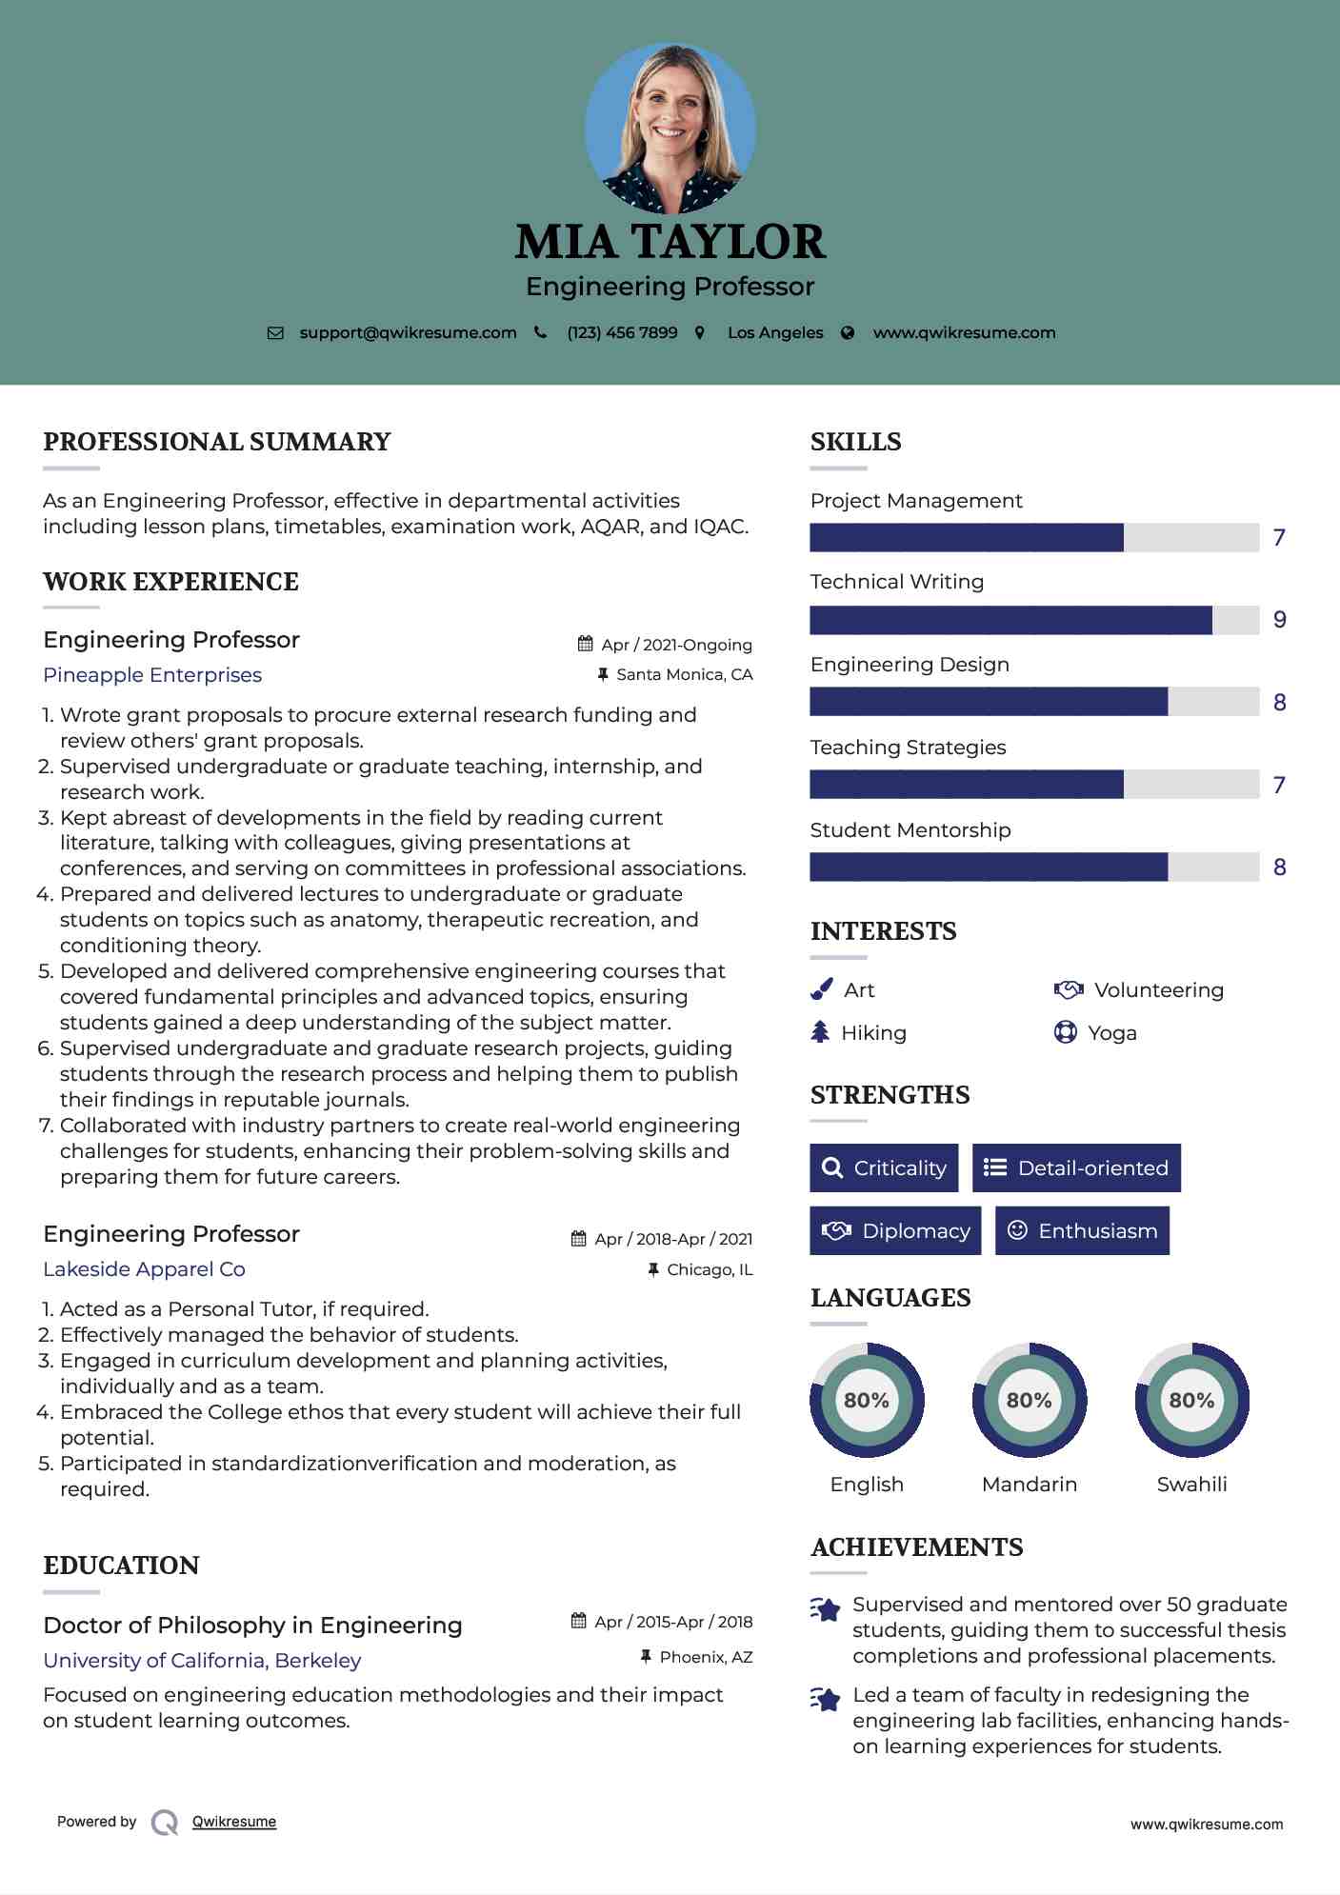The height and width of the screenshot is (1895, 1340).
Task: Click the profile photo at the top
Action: click(x=670, y=128)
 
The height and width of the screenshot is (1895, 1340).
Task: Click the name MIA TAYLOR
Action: click(x=670, y=242)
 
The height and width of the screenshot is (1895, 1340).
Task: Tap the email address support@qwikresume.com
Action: click(x=408, y=333)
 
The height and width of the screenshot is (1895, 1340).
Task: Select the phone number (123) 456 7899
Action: click(x=622, y=333)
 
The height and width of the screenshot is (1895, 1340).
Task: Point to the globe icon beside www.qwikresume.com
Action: click(x=848, y=333)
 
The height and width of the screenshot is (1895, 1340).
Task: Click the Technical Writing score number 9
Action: click(x=1280, y=620)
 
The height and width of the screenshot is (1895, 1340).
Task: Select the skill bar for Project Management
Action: click(x=1034, y=538)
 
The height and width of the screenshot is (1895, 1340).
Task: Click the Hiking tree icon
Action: click(x=820, y=1032)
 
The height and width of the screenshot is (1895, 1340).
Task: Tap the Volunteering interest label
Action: click(x=1158, y=990)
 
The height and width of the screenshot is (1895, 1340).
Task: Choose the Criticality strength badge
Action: click(x=884, y=1168)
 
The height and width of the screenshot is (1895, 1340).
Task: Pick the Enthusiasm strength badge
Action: click(x=1082, y=1231)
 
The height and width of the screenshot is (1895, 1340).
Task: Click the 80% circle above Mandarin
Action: click(x=1029, y=1400)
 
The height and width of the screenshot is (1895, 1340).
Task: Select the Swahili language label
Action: click(x=1191, y=1485)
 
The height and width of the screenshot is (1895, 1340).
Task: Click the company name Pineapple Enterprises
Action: click(x=152, y=675)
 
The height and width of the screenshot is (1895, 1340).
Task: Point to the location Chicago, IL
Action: click(x=710, y=1270)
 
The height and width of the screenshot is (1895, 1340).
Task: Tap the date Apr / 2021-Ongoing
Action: click(x=676, y=646)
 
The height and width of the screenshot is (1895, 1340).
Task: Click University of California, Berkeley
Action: click(x=202, y=1661)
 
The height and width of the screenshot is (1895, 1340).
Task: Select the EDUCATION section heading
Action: click(x=121, y=1566)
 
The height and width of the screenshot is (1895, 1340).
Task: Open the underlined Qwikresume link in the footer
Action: click(x=234, y=1822)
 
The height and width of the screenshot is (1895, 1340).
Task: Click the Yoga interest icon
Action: click(x=1066, y=1032)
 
